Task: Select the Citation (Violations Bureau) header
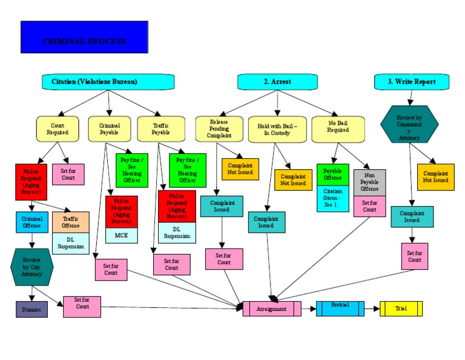108,82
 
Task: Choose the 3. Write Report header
412,82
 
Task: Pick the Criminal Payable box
110,128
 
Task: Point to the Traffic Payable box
160,128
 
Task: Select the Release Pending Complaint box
219,128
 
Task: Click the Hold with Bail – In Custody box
277,129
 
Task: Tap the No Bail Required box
338,129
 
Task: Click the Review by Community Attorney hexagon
409,124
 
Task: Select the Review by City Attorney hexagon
32,266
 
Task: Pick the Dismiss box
31,309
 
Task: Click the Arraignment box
272,309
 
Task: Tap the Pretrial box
340,308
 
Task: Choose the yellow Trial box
401,308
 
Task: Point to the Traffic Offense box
71,221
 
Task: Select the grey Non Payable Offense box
369,181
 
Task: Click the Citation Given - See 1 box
333,199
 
